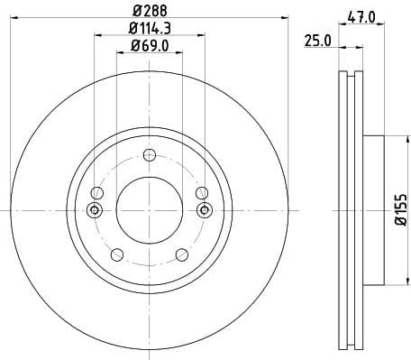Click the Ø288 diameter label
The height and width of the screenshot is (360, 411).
click(149, 10)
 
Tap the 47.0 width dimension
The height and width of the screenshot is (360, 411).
click(361, 15)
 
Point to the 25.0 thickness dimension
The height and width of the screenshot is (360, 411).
click(317, 41)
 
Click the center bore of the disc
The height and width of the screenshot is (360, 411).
click(149, 210)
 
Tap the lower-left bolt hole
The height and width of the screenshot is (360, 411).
click(116, 254)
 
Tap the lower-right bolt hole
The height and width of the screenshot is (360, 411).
click(180, 254)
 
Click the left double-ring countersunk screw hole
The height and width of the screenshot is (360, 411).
click(94, 210)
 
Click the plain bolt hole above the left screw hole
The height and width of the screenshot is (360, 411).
click(97, 192)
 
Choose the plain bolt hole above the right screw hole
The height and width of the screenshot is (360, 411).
click(200, 192)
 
